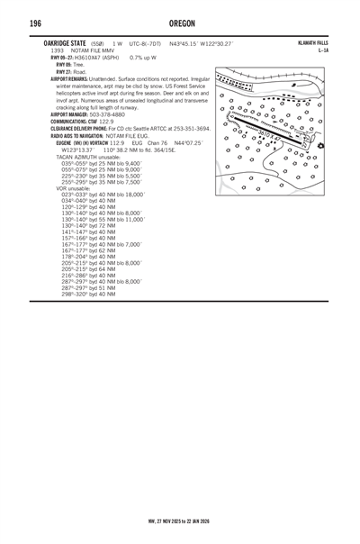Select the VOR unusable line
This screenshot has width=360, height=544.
(x=76, y=187)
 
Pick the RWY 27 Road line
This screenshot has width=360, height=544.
(x=71, y=71)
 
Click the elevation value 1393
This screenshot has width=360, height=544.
(x=57, y=50)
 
